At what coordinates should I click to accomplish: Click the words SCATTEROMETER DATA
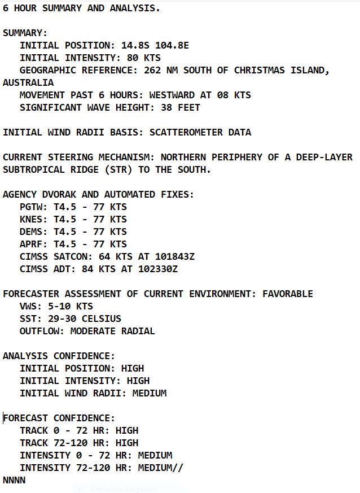(x=200, y=133)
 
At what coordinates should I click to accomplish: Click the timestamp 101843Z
(x=174, y=257)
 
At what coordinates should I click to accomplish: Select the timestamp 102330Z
(x=157, y=269)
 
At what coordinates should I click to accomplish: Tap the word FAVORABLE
(x=287, y=294)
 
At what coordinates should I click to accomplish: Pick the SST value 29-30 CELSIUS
(x=84, y=319)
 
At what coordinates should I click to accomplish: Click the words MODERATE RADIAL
(x=112, y=331)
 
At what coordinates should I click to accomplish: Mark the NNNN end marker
(x=14, y=481)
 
